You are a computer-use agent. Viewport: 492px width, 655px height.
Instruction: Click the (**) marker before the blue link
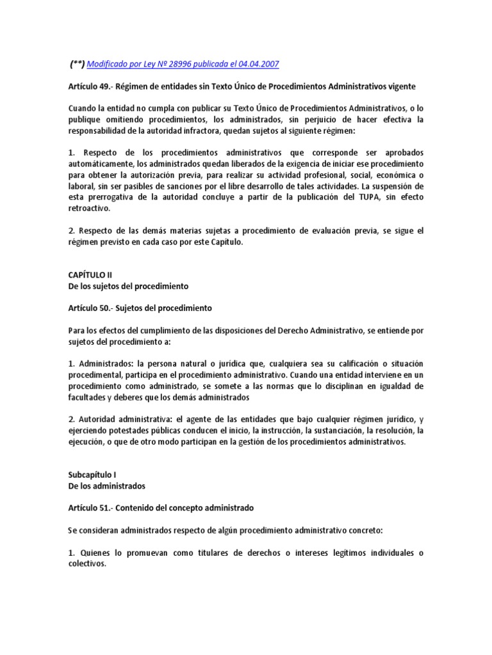(x=76, y=64)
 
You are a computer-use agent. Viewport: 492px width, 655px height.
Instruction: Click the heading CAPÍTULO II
(x=90, y=274)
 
